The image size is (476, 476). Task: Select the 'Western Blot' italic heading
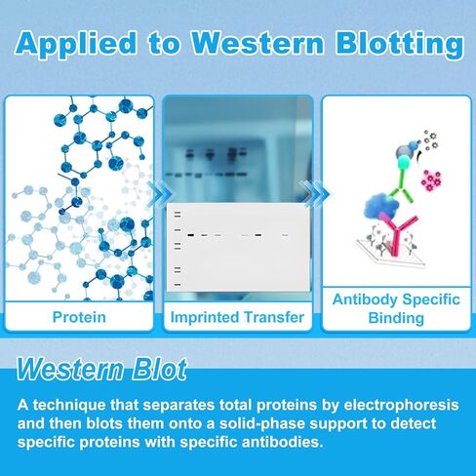click(101, 370)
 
